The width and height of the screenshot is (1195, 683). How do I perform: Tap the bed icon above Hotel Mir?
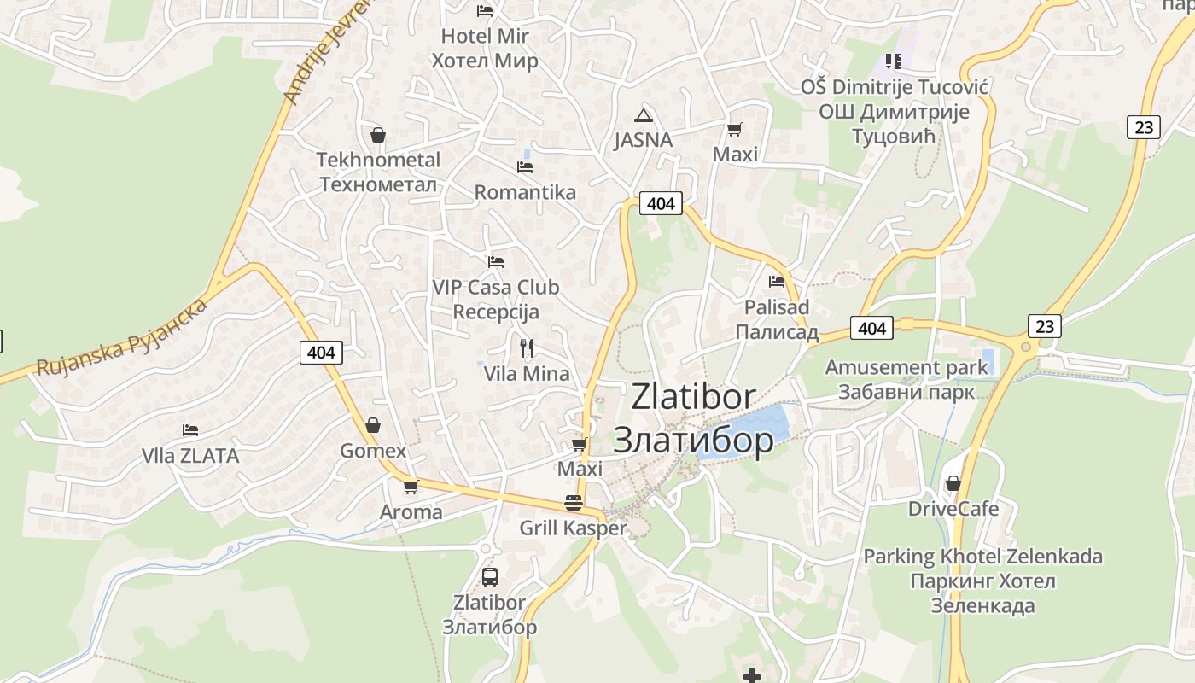click(485, 11)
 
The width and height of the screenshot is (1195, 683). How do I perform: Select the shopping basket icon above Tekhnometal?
click(378, 135)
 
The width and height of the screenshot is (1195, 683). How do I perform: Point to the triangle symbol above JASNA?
click(643, 115)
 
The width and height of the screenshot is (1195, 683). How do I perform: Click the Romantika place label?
click(525, 192)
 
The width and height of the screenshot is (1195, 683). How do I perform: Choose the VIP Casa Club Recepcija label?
click(496, 299)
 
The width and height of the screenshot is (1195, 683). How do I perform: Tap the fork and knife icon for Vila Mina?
click(527, 347)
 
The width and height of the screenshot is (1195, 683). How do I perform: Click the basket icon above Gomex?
click(373, 425)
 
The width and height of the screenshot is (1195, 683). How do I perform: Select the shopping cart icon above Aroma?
click(411, 487)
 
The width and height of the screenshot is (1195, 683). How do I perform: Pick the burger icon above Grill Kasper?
click(574, 503)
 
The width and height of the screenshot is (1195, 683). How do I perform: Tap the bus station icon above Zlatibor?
click(489, 576)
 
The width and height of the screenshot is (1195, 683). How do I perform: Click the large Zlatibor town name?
click(693, 418)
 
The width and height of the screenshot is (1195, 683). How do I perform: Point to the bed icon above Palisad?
click(777, 281)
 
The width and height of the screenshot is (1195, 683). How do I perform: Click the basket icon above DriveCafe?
click(953, 483)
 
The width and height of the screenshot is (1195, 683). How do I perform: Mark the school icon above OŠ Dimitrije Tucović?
click(894, 61)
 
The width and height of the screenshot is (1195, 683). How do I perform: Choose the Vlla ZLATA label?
click(190, 456)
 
